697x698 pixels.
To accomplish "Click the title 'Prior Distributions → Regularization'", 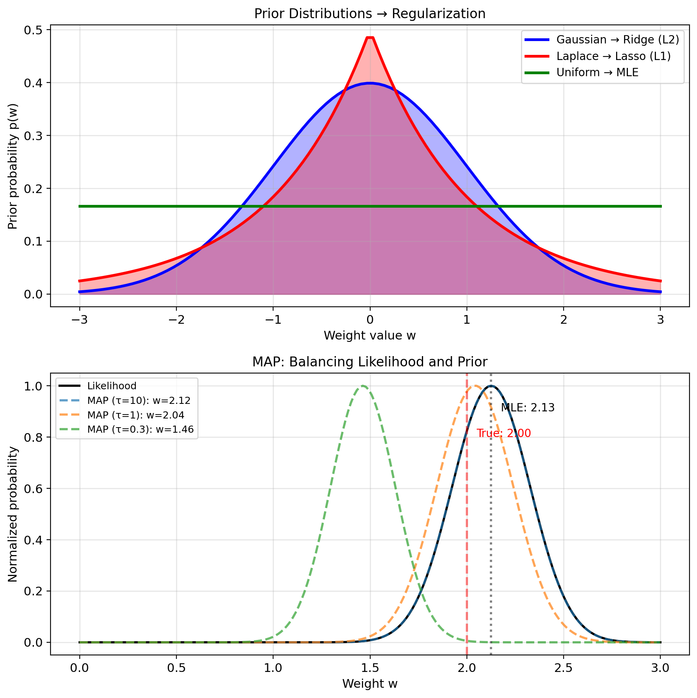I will [369, 14].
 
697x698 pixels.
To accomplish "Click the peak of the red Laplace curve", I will [370, 38].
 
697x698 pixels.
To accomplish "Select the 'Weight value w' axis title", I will [369, 336].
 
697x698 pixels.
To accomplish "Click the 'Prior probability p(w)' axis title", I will [13, 166].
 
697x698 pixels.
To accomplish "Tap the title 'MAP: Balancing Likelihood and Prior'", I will [369, 362].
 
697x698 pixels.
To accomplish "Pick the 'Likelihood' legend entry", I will [112, 386].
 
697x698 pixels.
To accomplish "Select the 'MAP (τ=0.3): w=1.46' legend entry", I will [141, 429].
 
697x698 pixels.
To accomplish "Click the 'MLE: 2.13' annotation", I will [527, 408].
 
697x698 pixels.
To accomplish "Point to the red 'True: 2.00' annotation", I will [504, 433].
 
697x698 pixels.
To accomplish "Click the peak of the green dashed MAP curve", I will [362, 386].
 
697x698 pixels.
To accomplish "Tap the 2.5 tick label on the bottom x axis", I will [563, 668].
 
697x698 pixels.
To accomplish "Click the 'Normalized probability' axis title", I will [13, 514].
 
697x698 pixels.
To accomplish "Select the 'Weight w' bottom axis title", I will [369, 684].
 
